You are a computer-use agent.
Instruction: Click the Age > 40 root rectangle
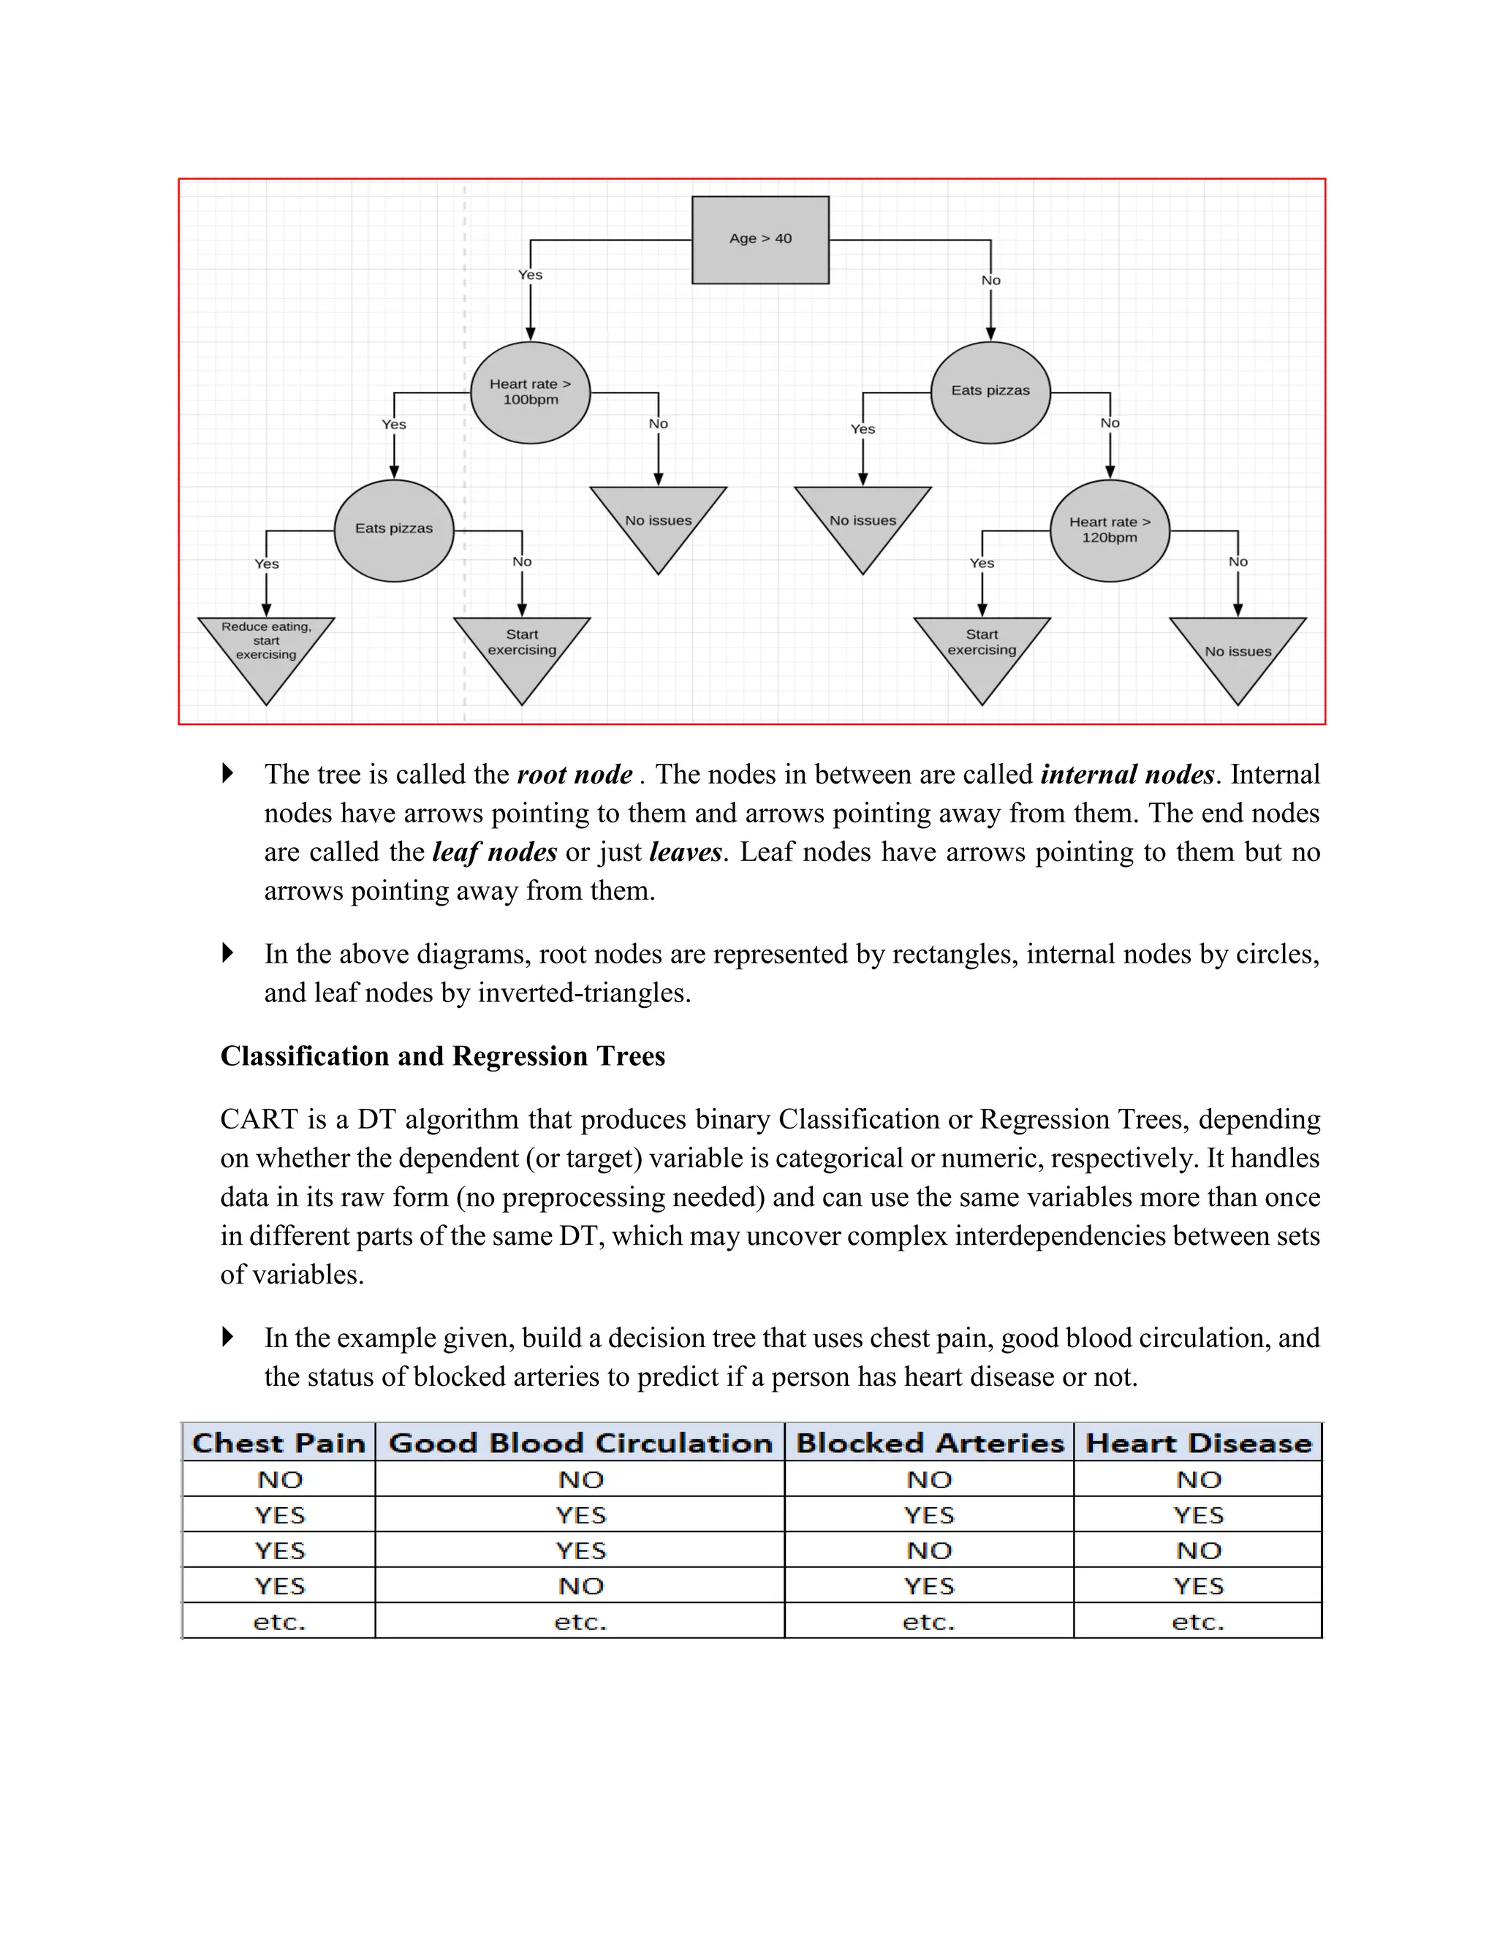tap(760, 240)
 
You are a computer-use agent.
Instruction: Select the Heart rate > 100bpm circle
tap(531, 392)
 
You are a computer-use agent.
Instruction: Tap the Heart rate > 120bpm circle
tap(1110, 531)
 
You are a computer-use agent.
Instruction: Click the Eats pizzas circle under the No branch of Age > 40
tap(990, 391)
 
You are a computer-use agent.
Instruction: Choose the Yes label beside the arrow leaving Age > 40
tap(531, 275)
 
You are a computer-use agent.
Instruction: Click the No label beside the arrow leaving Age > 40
tap(990, 280)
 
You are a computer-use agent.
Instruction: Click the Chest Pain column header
tap(278, 1443)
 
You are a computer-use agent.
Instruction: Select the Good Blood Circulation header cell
tap(580, 1443)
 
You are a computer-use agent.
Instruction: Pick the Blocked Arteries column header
tap(930, 1443)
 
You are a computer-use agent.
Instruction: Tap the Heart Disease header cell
tap(1198, 1443)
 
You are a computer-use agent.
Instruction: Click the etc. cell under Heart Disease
tap(1198, 1622)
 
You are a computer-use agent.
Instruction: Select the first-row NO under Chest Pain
tap(279, 1479)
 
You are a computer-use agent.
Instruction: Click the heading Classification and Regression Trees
tap(442, 1055)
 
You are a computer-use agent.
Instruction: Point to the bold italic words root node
tap(575, 774)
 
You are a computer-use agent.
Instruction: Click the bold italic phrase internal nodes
tap(1126, 774)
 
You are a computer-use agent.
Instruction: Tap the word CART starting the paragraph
tap(259, 1119)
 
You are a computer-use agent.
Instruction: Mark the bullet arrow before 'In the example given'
tap(228, 1337)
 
